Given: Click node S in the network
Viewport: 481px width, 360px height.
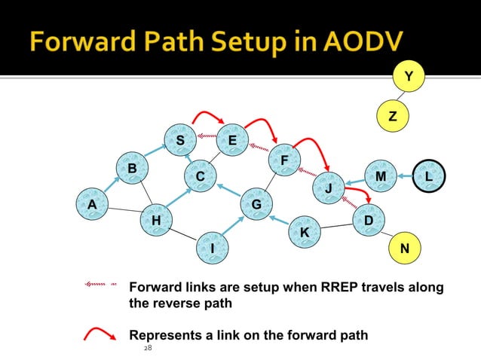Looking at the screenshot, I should (180, 140).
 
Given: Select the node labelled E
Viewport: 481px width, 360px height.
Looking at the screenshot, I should (231, 140).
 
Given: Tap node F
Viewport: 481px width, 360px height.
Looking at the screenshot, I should (283, 160).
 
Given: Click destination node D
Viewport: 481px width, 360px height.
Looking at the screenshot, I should (368, 219).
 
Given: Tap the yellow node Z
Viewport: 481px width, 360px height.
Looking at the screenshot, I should (392, 117).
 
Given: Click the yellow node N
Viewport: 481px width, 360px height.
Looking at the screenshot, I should (404, 247).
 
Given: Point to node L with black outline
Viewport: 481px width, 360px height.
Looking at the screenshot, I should (429, 175).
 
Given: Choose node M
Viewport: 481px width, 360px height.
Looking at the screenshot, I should (380, 175).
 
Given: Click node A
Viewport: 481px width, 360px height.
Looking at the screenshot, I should (92, 203).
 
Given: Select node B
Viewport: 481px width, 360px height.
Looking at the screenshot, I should (132, 167).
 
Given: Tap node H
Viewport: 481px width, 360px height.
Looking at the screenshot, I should (156, 220).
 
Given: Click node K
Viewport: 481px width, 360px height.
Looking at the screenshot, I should (304, 233).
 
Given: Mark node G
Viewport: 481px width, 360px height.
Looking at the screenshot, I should (256, 204).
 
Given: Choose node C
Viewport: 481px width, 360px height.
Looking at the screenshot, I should (200, 176).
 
